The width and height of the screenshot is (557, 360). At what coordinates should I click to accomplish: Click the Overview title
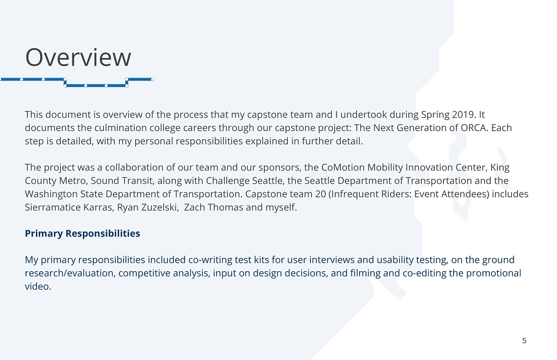78,57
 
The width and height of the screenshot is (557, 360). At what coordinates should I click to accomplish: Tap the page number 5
525,341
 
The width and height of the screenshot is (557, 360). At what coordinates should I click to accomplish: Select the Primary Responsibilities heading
82,234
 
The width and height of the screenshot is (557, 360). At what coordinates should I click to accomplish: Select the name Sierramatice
53,208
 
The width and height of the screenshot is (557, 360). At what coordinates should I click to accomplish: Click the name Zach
194,208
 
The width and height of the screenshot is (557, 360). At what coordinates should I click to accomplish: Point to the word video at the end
38,286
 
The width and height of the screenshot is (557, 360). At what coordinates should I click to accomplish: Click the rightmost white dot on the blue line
153,79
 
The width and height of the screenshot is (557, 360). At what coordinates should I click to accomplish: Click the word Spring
435,115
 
